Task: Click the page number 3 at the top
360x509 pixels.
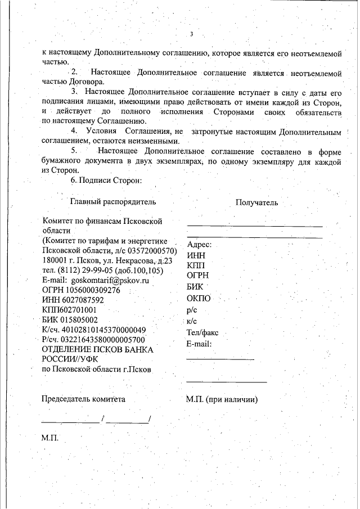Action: pos(192,35)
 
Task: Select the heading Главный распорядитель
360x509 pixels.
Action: pos(113,201)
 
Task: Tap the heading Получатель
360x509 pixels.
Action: pos(256,203)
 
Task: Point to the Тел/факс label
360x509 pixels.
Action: pos(202,332)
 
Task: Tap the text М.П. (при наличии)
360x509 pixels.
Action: pos(222,399)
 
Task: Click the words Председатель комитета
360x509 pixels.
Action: pos(84,399)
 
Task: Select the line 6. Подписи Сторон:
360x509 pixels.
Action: pos(106,181)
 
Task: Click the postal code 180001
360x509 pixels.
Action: pos(56,260)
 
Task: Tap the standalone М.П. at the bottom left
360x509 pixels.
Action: pos(51,437)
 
